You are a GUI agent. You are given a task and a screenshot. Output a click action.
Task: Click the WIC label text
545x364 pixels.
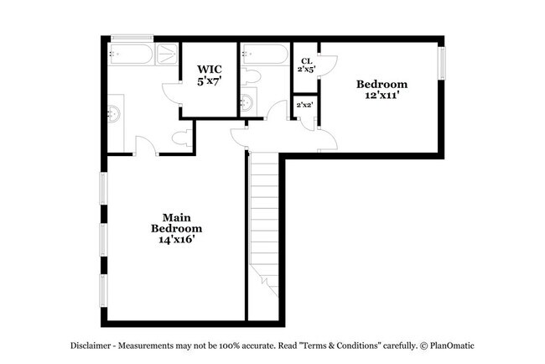(209, 70)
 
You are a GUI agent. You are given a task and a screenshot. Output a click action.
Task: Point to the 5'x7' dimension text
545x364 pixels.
(209, 81)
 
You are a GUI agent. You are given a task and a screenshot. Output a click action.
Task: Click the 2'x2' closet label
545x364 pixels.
(304, 105)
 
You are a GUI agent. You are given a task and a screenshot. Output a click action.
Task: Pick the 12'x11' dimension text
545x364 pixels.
(381, 96)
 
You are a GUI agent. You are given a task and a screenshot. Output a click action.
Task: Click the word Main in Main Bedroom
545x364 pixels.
(175, 216)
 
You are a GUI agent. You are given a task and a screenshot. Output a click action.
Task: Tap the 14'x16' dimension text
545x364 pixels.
(176, 240)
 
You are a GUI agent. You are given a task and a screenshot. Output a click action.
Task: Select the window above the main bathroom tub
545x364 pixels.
(132, 38)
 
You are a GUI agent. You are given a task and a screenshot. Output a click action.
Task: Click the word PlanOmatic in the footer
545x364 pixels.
(454, 346)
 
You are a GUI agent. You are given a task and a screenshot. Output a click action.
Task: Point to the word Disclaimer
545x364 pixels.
(90, 346)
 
